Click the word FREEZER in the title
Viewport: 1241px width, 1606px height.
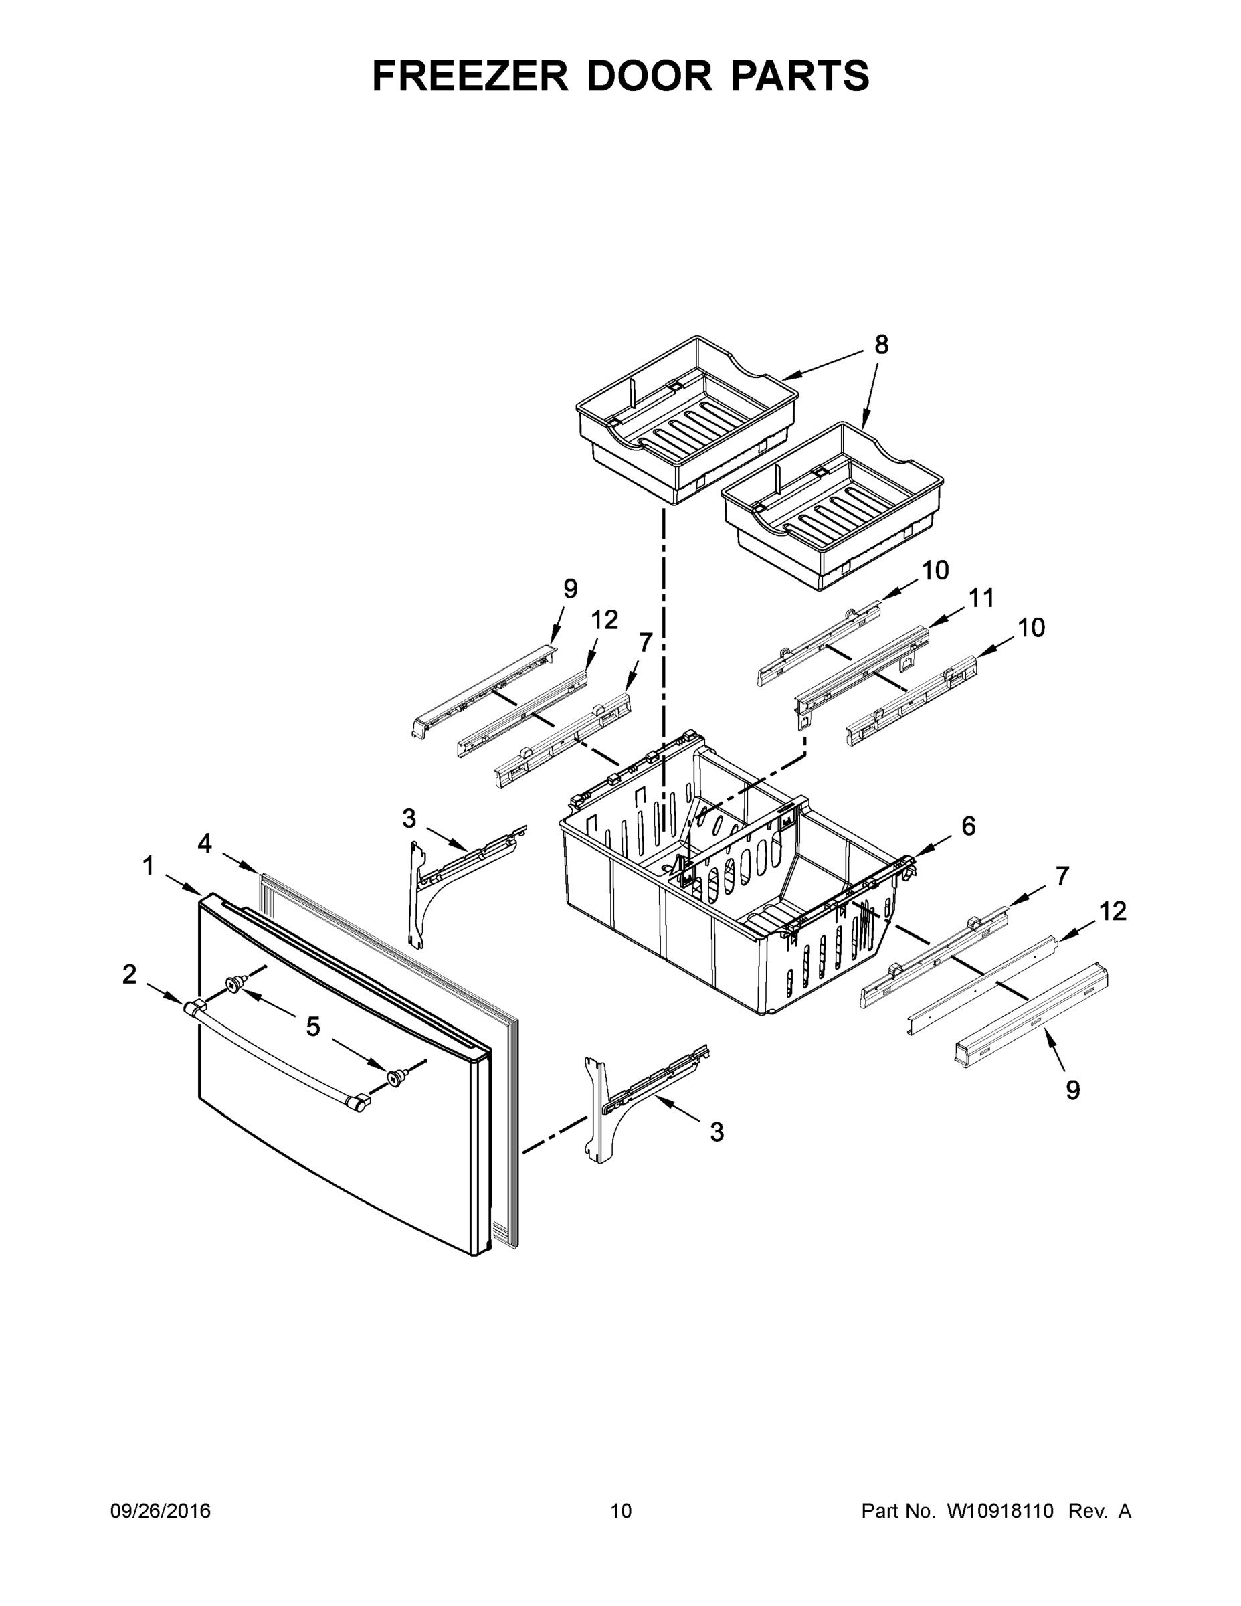point(470,76)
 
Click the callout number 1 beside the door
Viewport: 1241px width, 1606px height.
point(149,867)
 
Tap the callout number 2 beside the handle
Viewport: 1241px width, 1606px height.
point(129,974)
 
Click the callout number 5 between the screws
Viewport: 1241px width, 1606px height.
point(313,1027)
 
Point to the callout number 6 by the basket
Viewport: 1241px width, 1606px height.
point(968,826)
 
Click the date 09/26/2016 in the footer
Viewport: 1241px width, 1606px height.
point(161,1511)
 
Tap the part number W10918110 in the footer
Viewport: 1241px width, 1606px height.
point(1000,1511)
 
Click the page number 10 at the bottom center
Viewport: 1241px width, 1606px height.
point(621,1511)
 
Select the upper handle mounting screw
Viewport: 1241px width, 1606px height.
point(236,984)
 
